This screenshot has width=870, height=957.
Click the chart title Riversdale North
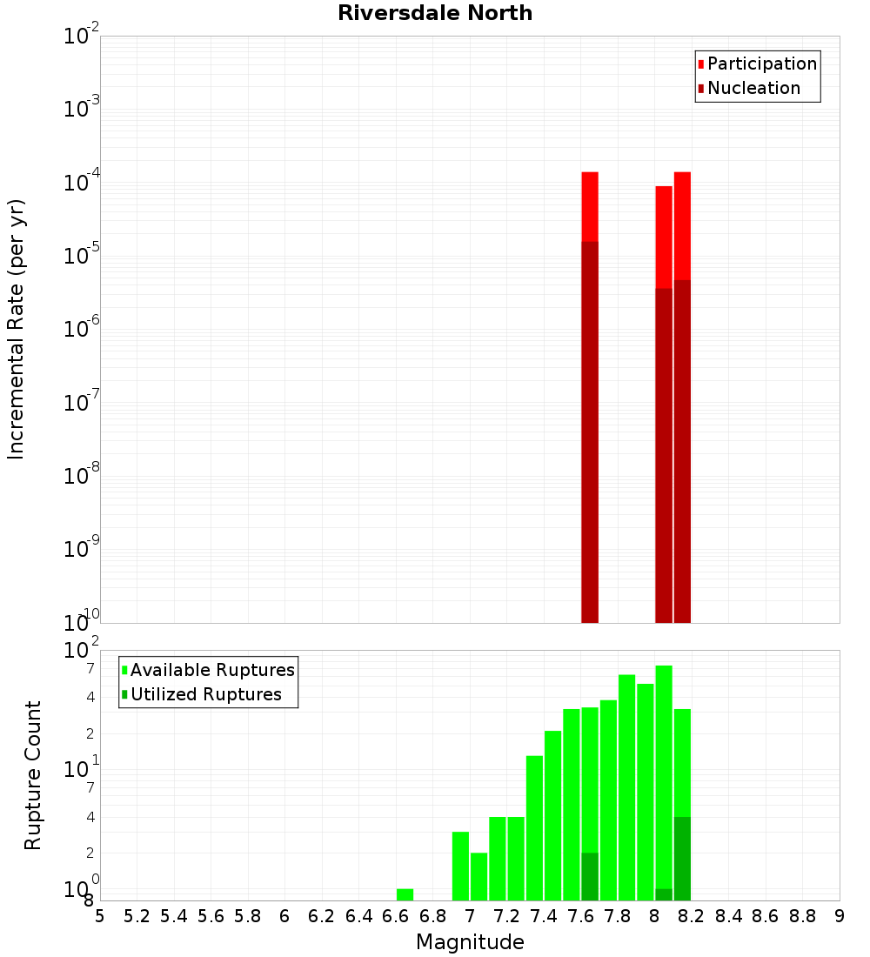[435, 13]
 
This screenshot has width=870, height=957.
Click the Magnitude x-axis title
[470, 942]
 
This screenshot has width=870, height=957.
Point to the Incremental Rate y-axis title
[17, 329]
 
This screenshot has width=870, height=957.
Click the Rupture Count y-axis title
[33, 775]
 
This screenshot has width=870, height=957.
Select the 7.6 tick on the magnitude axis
[580, 916]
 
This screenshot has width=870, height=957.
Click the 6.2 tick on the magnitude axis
[322, 916]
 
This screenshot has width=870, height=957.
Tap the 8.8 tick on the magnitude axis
[802, 916]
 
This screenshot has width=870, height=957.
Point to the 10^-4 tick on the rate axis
[82, 183]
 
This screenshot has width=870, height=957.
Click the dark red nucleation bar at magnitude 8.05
[664, 452]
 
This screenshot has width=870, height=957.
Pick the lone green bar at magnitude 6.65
[405, 894]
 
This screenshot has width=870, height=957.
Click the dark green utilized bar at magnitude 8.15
[682, 858]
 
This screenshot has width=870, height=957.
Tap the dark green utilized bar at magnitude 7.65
[590, 876]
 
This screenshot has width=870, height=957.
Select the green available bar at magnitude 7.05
[478, 876]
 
